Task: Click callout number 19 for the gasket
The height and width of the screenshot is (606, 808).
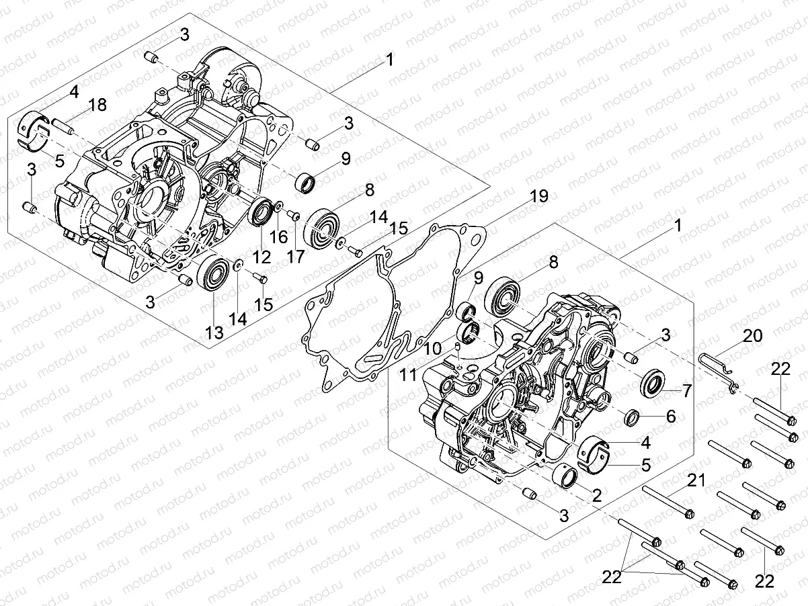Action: [x=538, y=196]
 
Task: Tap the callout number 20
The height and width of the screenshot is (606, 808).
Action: [x=752, y=337]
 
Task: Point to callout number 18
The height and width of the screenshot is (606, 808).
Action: [x=97, y=104]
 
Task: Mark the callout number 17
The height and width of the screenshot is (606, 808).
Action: [x=294, y=256]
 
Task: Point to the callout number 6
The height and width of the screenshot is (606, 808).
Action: [x=670, y=417]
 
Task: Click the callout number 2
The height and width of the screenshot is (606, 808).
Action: [x=596, y=495]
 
